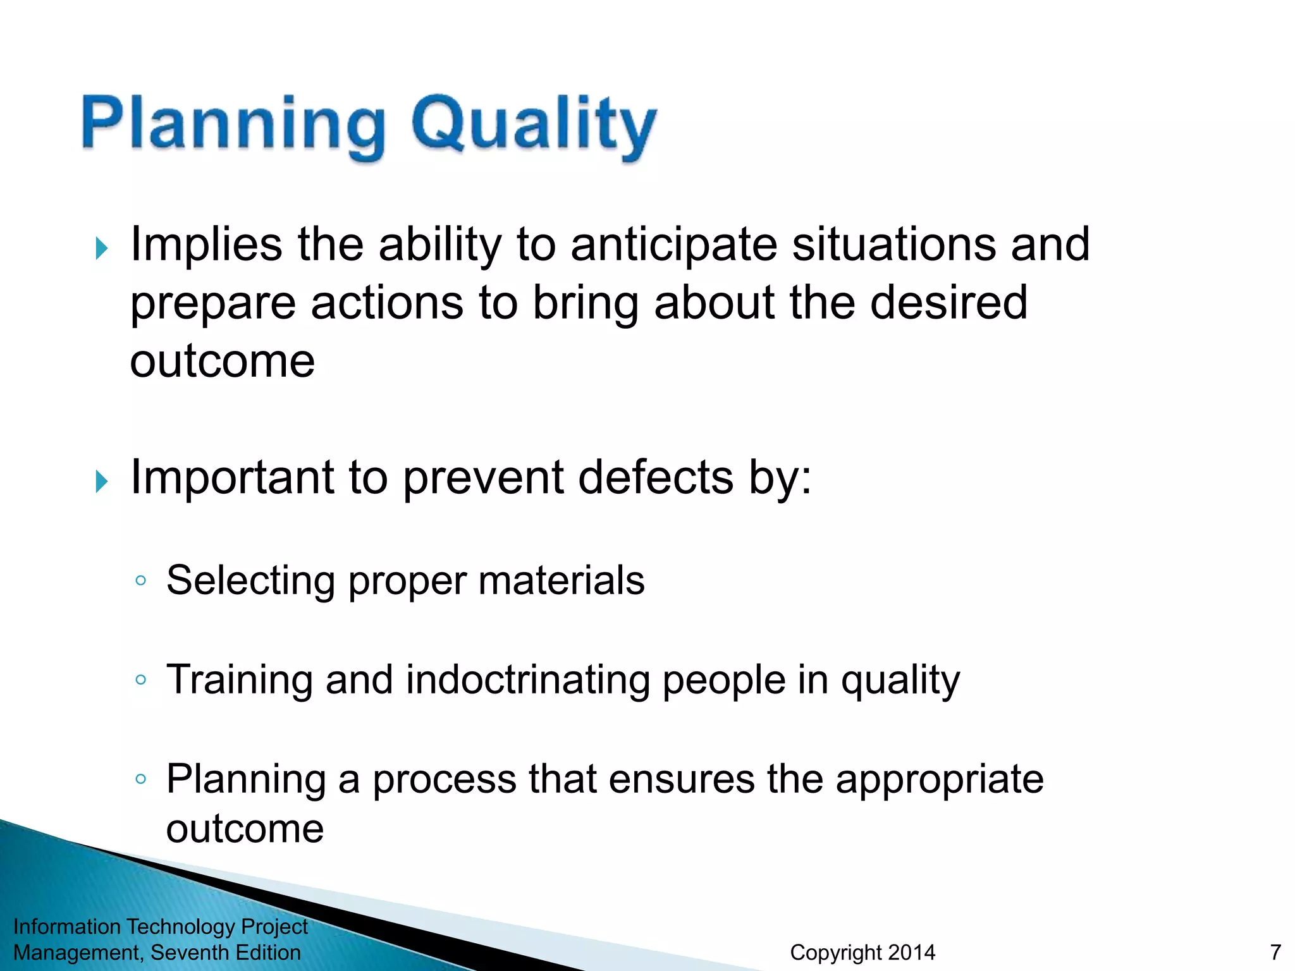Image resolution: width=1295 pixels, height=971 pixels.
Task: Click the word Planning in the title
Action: [x=233, y=124]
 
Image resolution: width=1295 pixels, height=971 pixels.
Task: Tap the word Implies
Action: [x=206, y=245]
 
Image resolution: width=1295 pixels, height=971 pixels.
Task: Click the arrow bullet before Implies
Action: [x=102, y=248]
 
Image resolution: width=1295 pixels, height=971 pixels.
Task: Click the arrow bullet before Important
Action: [x=102, y=481]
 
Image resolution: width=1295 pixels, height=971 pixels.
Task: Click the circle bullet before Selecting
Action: [x=141, y=580]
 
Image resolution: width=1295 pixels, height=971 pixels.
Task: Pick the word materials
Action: [x=561, y=580]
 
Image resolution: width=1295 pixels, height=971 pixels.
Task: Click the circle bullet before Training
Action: [x=141, y=680]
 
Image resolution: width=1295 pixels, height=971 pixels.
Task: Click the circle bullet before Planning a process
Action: [x=141, y=779]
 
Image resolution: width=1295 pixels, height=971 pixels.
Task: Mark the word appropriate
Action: [x=939, y=780]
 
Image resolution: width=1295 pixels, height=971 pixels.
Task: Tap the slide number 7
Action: [x=1275, y=952]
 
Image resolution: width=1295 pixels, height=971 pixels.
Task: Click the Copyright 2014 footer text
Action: [x=862, y=952]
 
